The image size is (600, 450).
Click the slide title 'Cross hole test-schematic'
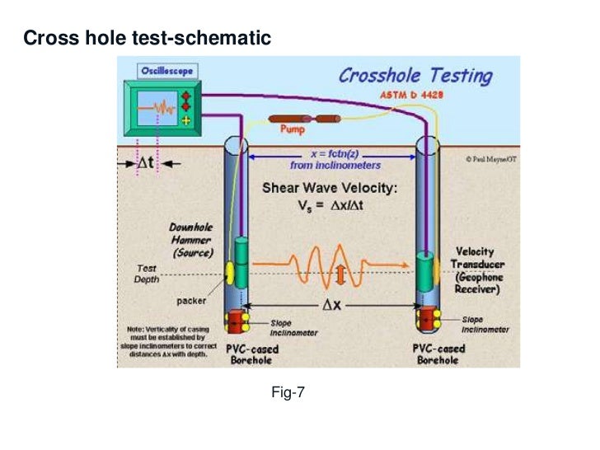click(147, 38)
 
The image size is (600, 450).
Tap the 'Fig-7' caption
click(288, 393)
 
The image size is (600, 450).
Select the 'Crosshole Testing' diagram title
click(415, 77)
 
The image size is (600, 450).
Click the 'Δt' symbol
click(147, 163)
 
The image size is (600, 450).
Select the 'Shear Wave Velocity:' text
click(329, 188)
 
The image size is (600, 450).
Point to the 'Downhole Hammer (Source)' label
click(191, 238)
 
